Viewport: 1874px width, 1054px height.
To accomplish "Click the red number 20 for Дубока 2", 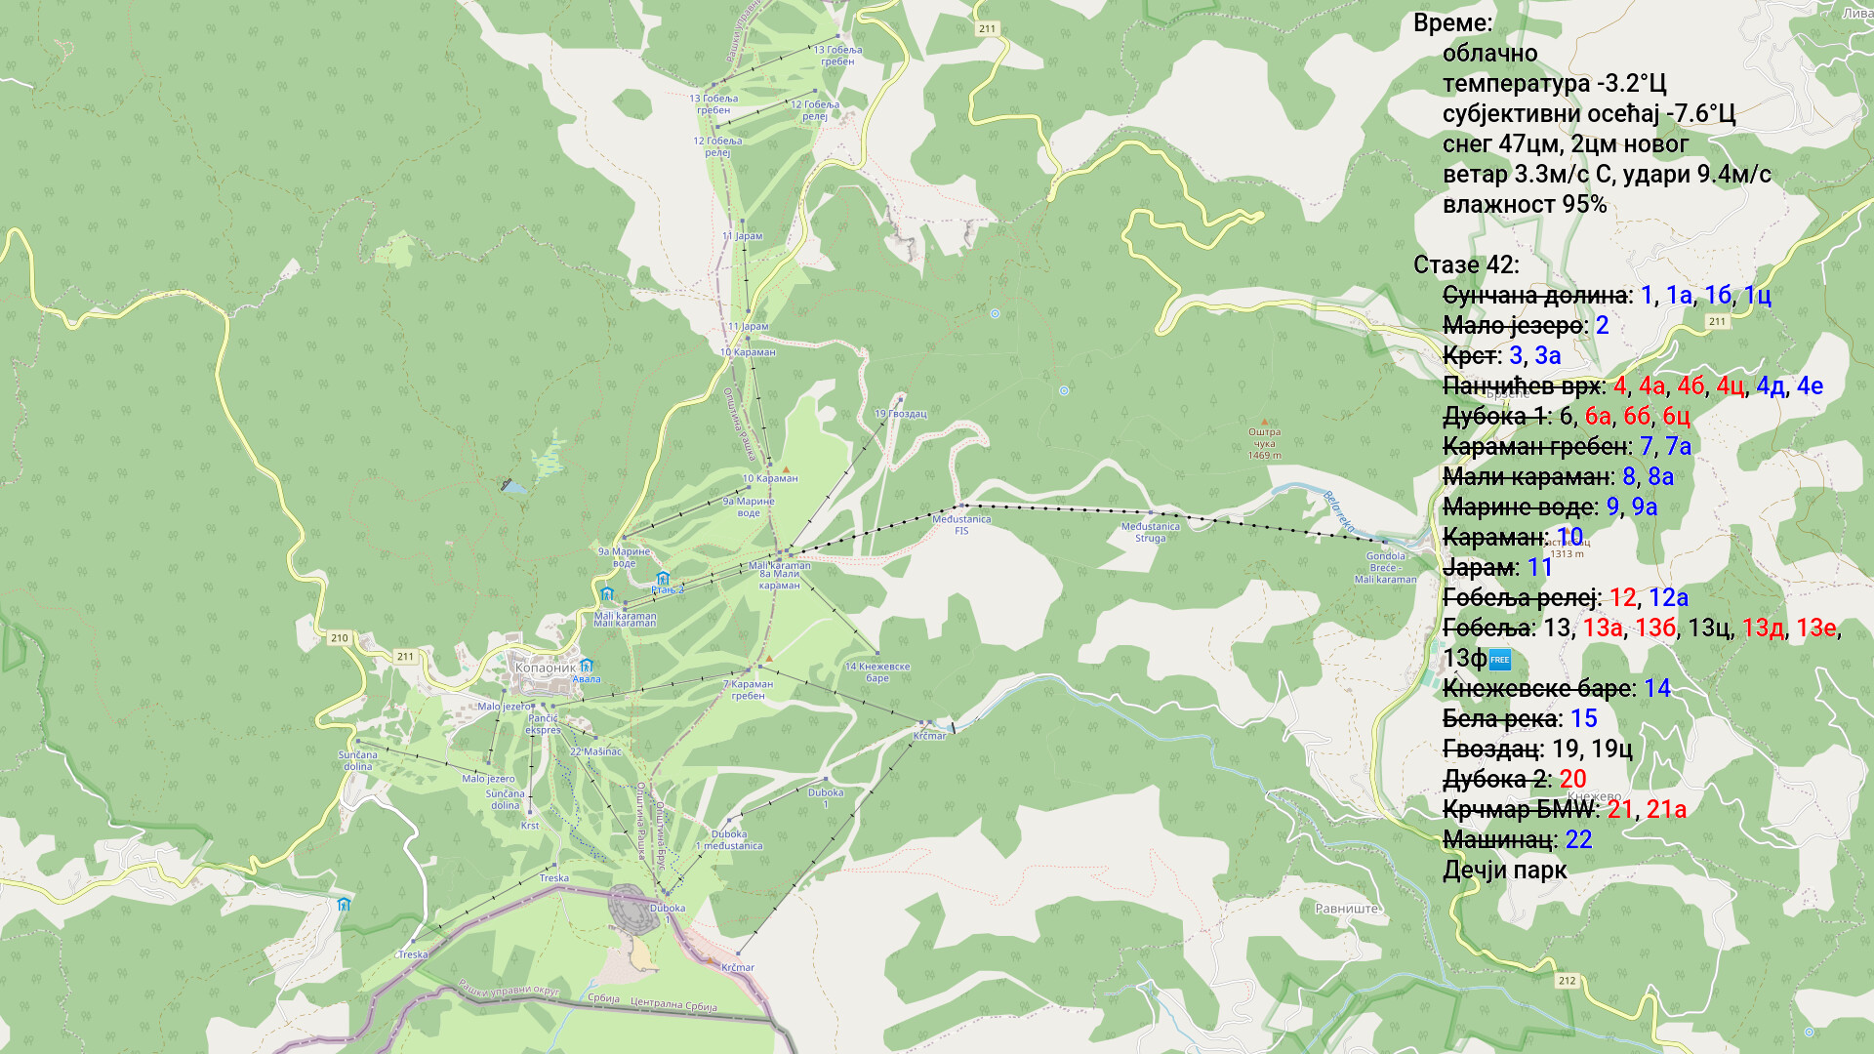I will click(1572, 779).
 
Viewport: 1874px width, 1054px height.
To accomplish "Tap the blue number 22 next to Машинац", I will click(1578, 839).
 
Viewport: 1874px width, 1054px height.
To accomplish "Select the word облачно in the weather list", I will click(1489, 54).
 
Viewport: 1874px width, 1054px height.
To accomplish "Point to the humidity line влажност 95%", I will click(1524, 205).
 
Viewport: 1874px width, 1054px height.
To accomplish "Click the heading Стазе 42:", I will click(1465, 265).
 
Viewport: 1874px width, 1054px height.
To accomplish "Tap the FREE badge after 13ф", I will click(1500, 660).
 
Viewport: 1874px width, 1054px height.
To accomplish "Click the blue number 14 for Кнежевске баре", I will click(1656, 688).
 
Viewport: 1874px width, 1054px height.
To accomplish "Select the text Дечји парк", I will click(1504, 870).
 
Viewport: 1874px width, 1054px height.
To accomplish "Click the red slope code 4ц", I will click(1730, 385).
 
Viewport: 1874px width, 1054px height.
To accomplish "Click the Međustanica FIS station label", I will click(961, 525).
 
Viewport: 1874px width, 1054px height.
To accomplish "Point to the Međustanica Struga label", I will click(1150, 532).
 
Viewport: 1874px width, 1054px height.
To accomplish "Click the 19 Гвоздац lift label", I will click(900, 414).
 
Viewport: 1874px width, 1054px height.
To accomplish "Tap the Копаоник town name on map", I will click(545, 669).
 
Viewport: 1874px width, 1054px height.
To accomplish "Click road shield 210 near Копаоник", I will click(339, 638).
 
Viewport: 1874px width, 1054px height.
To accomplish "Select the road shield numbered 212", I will click(1567, 981).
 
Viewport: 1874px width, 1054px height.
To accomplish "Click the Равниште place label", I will click(1347, 909).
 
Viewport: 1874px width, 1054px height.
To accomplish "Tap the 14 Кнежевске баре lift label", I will click(876, 672).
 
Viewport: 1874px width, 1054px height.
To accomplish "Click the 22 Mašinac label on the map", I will click(595, 751).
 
